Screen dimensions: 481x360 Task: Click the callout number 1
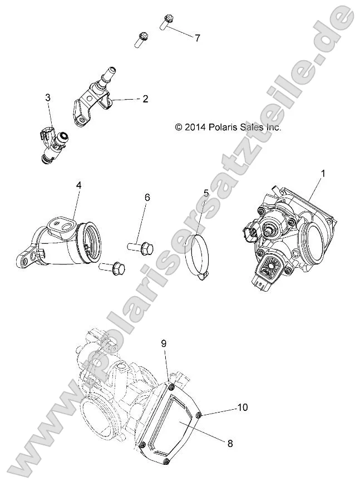323,174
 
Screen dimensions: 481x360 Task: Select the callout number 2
145,100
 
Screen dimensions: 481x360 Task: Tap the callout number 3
48,98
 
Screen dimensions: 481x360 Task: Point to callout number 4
78,185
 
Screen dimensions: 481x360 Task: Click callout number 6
147,197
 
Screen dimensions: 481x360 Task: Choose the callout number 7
197,38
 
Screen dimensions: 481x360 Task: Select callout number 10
241,408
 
